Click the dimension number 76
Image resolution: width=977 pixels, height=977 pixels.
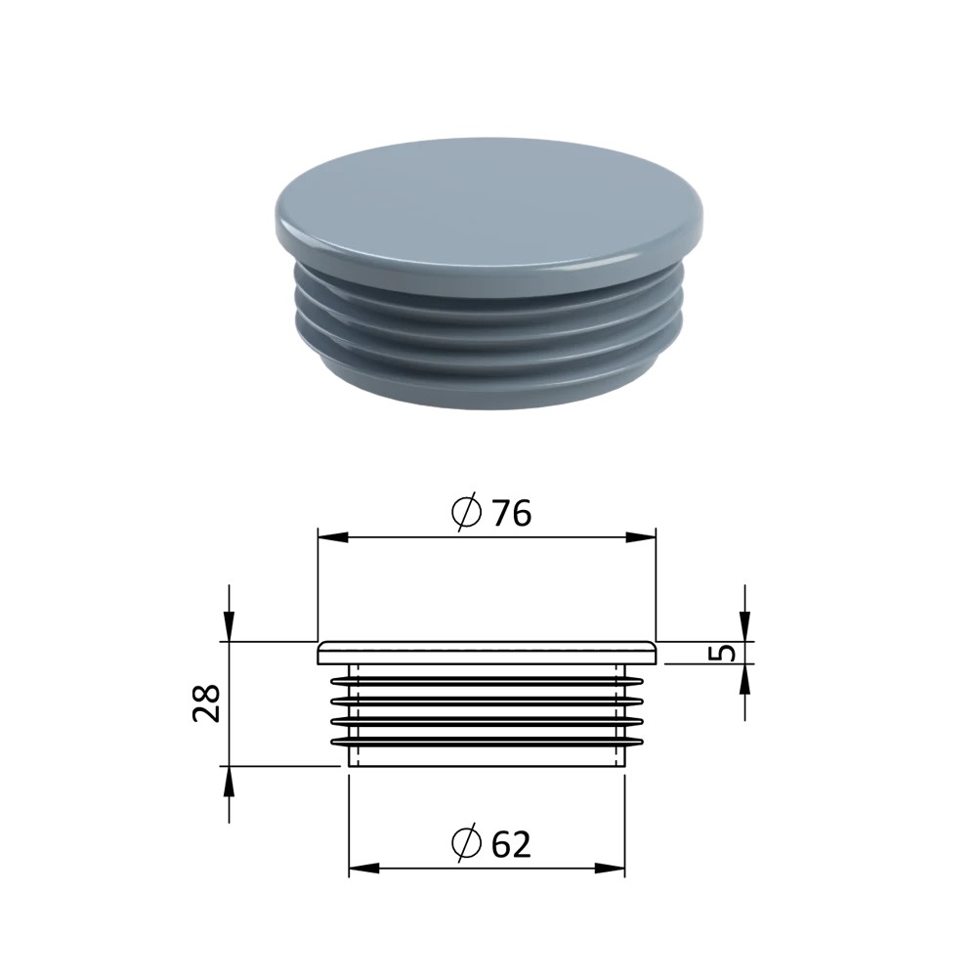coord(512,514)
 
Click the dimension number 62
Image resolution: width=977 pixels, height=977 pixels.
coord(511,844)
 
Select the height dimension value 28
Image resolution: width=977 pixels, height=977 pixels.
coord(206,702)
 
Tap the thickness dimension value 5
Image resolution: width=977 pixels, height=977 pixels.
coord(723,653)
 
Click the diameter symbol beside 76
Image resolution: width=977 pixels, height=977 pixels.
coord(467,512)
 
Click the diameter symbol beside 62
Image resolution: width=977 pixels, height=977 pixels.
coord(467,843)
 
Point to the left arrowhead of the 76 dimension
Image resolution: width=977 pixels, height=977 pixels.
coord(333,537)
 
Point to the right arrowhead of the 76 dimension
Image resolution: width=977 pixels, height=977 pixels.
coord(641,537)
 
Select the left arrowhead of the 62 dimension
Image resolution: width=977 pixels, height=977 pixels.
coord(363,868)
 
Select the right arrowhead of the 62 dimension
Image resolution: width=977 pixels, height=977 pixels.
coord(610,868)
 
